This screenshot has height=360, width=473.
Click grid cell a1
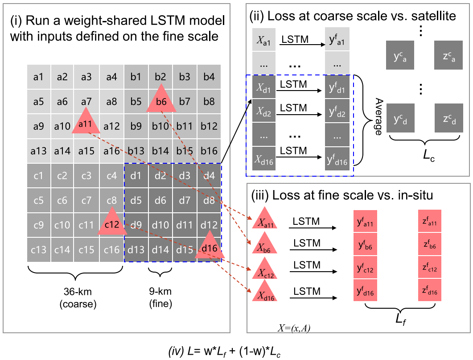38,77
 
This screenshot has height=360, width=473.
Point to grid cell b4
209,77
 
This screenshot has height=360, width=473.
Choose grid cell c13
38,250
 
